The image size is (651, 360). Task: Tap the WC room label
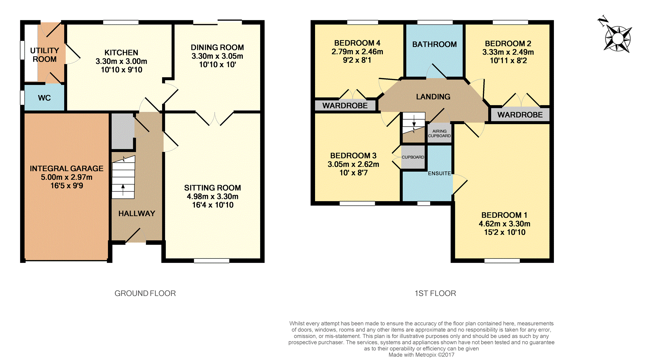point(44,98)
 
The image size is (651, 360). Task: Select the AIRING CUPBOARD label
point(439,133)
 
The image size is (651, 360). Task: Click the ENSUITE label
point(439,173)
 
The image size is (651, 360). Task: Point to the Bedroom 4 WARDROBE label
point(345,105)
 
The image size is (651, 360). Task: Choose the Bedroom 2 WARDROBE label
point(520,115)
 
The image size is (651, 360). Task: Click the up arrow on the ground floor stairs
point(123,190)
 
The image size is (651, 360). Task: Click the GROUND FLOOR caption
point(145,293)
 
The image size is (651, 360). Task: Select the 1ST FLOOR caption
point(435,293)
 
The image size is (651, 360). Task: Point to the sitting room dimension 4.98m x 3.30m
point(212,196)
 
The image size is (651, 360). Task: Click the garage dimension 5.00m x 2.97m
point(67,177)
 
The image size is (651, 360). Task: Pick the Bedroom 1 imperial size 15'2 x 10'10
point(505,232)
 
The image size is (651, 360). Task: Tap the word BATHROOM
point(434,44)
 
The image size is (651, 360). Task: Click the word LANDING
point(433,96)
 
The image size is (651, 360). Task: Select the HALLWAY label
point(137,213)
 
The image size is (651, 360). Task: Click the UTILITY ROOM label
point(45,55)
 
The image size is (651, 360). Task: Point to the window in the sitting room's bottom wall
point(212,261)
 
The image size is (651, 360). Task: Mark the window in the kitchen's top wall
point(121,22)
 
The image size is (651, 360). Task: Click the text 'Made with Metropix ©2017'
point(421,355)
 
